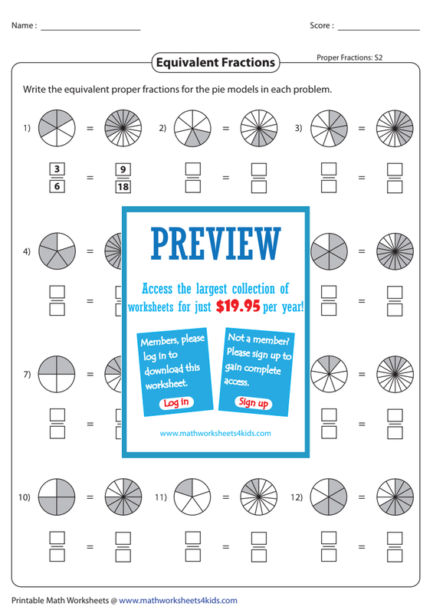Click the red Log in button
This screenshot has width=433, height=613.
coord(176,403)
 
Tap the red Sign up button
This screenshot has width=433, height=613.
coord(253,402)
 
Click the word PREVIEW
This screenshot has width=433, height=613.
coord(216,244)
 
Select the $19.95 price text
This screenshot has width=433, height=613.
coord(238,306)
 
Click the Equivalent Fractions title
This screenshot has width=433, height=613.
coord(215,63)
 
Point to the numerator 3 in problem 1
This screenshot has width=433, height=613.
coord(57,169)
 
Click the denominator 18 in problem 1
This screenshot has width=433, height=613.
coord(123,186)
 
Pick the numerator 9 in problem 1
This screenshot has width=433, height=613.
coord(123,169)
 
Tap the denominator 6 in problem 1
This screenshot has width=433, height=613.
coord(57,186)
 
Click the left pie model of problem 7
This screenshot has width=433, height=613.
coord(57,374)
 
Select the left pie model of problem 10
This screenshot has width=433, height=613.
coord(57,497)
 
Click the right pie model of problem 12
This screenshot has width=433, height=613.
coord(395,497)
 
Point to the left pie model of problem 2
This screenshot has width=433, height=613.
coord(192,128)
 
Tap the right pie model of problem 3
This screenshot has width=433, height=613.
coord(395,128)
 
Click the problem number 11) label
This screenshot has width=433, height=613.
coord(161,497)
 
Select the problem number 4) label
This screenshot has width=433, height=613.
coord(27,251)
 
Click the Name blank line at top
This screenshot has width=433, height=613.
coord(90,30)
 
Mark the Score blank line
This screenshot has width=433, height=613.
coord(379,30)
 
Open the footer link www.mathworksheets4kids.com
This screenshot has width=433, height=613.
coord(178,601)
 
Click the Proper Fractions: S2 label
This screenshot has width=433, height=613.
coord(349,57)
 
